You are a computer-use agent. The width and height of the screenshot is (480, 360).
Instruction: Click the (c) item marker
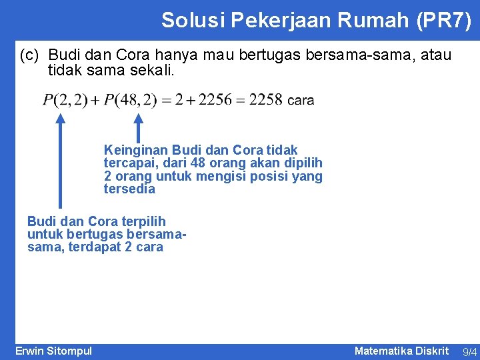pos(31,54)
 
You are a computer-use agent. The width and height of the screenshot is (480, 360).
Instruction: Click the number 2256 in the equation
pos(216,100)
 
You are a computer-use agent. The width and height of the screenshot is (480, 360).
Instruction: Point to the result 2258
pos(265,100)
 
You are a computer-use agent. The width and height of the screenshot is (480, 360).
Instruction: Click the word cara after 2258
pos(300,101)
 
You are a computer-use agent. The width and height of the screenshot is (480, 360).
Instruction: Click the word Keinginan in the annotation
pos(135,150)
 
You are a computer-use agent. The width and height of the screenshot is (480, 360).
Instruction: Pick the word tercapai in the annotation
pos(127,163)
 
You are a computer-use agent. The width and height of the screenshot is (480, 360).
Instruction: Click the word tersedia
pos(129,189)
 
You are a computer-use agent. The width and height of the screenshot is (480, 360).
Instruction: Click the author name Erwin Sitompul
pos(53,351)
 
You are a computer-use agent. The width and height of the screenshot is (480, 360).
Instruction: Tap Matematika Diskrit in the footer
pos(401,351)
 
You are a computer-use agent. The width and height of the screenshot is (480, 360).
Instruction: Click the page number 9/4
pos(469,351)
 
